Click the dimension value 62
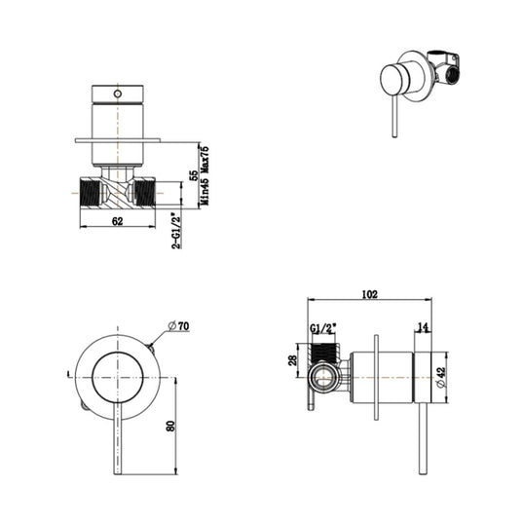tap(116, 222)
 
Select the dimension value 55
tap(194, 176)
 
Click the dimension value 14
tap(421, 327)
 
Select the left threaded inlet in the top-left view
tap(90, 190)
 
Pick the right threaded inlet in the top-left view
tap(144, 190)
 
